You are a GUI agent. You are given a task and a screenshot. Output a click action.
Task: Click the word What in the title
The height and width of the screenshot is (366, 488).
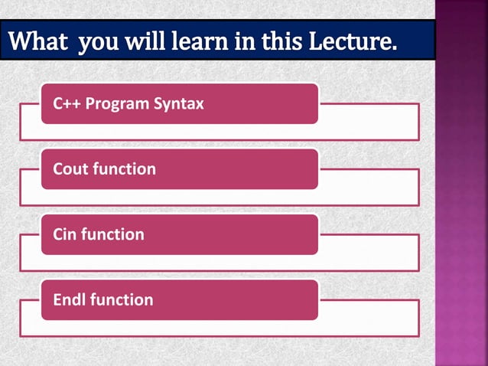(37, 40)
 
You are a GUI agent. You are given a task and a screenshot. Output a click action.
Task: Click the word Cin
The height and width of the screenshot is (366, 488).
(65, 234)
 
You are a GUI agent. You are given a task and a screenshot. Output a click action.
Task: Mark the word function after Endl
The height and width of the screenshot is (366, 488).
(122, 299)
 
